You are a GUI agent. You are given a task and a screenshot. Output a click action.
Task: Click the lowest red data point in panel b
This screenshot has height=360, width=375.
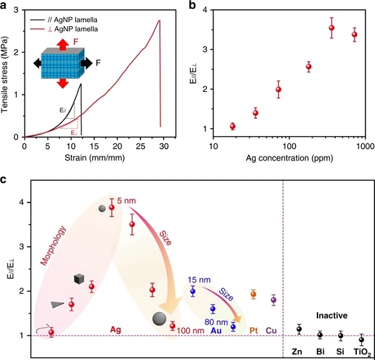tap(232, 126)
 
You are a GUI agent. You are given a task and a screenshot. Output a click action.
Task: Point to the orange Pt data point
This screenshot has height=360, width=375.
tap(254, 294)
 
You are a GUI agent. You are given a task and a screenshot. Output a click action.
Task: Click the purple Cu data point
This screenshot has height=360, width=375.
tap(273, 300)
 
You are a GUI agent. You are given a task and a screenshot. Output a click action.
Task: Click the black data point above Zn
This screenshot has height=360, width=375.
tap(299, 329)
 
